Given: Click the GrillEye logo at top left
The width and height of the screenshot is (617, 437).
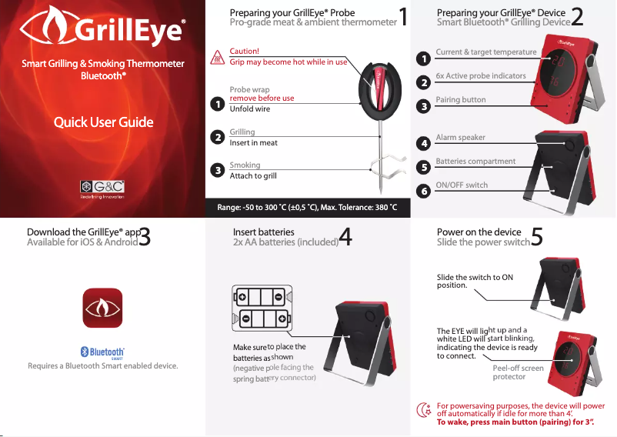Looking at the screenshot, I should (x=102, y=32).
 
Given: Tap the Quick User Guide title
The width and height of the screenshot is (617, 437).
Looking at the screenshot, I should (x=102, y=122).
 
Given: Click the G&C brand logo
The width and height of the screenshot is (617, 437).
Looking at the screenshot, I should (x=102, y=187).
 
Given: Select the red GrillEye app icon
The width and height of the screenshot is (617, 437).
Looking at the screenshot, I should (x=102, y=308).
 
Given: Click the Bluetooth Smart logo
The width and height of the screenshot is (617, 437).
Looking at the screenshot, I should (x=102, y=352).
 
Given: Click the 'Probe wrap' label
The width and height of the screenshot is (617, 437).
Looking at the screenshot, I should (x=249, y=89).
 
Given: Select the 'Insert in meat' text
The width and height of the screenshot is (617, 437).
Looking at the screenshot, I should (x=254, y=143).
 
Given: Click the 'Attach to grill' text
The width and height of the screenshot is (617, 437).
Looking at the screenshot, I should (x=253, y=176).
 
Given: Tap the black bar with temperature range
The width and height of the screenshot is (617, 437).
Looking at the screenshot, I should (x=308, y=212).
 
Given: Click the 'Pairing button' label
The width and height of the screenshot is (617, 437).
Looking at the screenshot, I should (x=461, y=100).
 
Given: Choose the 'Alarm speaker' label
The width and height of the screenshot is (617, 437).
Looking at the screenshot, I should (x=461, y=137).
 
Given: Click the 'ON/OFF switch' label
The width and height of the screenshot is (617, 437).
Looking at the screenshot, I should (x=462, y=185).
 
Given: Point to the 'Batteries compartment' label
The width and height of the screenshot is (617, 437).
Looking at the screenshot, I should (x=475, y=162).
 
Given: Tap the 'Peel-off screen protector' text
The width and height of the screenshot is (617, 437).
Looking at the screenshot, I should (x=518, y=372).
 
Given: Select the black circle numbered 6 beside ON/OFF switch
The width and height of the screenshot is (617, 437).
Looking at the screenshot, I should (x=422, y=190).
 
